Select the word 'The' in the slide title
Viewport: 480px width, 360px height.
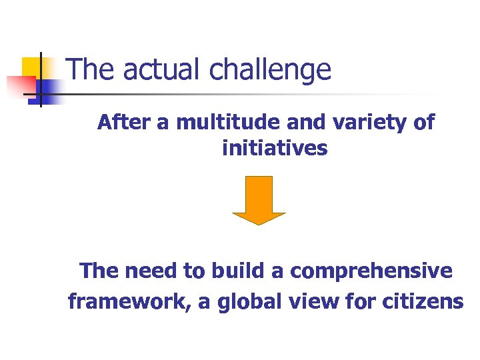pos(88,69)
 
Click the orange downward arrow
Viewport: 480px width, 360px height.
pos(259,199)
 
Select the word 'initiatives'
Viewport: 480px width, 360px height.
pos(275,148)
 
